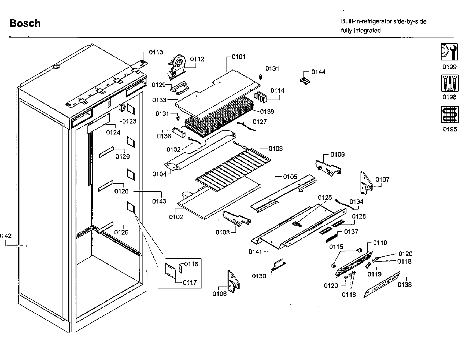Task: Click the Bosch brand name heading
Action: point(25,23)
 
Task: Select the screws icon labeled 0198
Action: point(449,83)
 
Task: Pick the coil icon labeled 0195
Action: point(449,114)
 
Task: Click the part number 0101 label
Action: point(238,57)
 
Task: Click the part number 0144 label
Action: point(318,72)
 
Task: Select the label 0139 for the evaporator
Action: point(267,112)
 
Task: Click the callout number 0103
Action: point(275,149)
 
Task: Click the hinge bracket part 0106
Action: point(233,281)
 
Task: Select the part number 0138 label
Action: point(404,285)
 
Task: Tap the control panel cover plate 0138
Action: point(382,285)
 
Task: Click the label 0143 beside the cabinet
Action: point(159,201)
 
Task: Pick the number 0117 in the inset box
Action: point(190,283)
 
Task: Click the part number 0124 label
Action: point(113,133)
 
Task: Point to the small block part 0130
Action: point(279,265)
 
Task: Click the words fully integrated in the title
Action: point(361,30)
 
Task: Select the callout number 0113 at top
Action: point(156,52)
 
